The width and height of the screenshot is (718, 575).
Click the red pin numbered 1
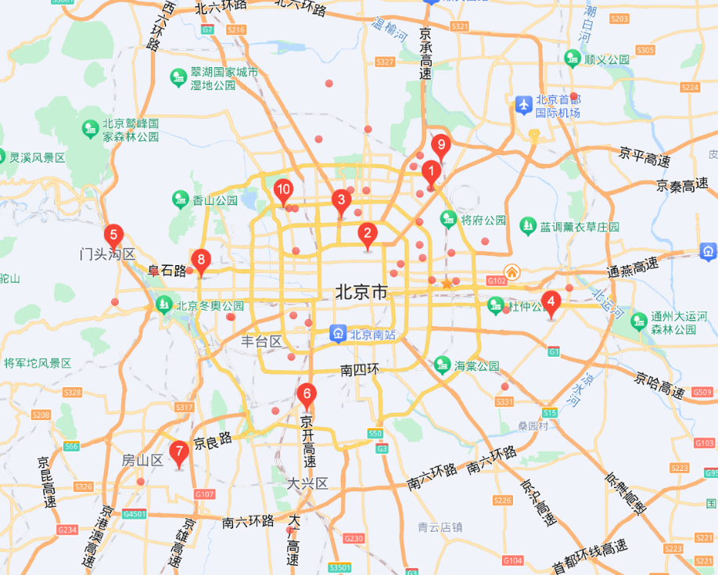pos(430,171)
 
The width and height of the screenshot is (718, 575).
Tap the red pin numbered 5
pos(113,235)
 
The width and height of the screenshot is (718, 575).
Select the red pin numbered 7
pos(179,452)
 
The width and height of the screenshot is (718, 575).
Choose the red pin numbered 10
pos(283,189)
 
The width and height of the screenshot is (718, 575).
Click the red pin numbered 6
pos(307,394)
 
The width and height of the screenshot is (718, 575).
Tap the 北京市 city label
pos(361,293)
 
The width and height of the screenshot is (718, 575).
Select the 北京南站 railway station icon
pos(338,334)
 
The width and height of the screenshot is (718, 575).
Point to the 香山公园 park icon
pos(181,199)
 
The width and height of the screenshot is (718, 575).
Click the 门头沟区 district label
pos(108,255)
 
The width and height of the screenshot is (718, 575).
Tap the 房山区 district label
pos(142,460)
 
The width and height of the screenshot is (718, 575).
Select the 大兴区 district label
pos(307,483)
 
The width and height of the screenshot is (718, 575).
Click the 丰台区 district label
pos(261,342)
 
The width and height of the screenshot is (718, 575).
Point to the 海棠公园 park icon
pos(443,365)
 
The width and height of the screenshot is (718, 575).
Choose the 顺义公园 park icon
pos(573,59)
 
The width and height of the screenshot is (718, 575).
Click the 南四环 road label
pos(360,368)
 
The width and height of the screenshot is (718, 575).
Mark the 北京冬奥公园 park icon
pos(164,305)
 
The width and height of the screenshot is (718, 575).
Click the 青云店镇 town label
pos(440,526)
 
